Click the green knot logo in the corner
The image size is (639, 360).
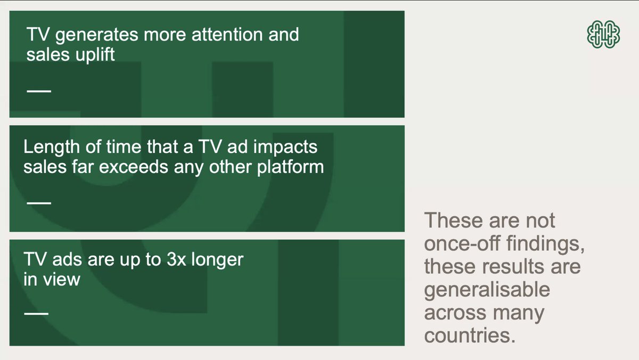603,35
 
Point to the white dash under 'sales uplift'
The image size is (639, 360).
39,91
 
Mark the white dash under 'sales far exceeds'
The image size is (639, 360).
39,203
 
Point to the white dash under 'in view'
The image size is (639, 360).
36,313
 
